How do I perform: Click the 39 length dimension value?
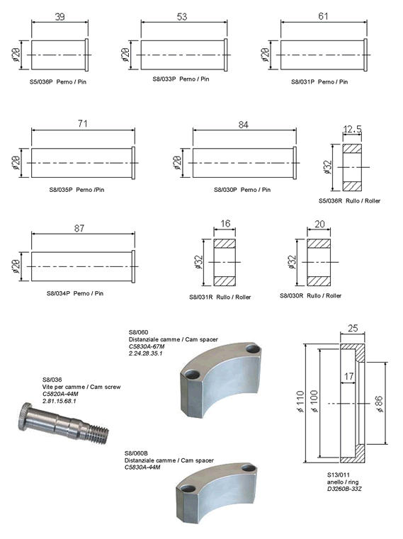(59, 17)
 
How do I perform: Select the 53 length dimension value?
(182, 17)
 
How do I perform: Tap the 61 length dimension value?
(323, 16)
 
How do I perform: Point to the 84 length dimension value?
(243, 125)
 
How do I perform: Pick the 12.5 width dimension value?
(353, 129)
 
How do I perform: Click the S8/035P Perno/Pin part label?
(76, 190)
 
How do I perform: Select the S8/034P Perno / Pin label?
(75, 293)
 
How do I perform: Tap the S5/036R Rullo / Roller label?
(349, 200)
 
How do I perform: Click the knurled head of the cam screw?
(24, 416)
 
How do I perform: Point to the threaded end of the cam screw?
(100, 433)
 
